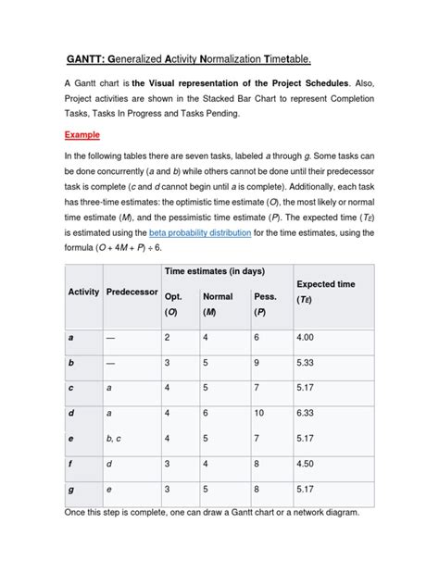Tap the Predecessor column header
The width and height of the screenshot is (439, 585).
pos(132,292)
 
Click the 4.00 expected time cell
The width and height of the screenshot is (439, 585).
pos(307,339)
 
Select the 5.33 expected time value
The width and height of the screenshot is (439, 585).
pos(307,364)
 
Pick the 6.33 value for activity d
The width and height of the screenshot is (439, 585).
pos(307,414)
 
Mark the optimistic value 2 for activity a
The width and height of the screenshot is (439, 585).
pos(168,339)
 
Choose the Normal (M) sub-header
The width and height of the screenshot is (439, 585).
pos(219,305)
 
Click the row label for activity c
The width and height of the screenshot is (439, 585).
pos(71,389)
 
